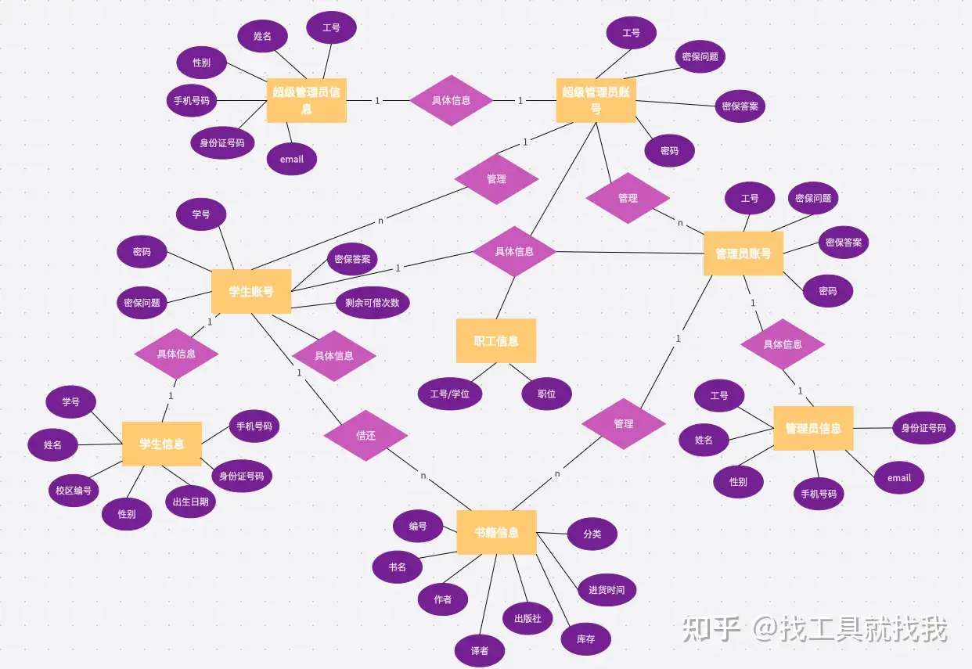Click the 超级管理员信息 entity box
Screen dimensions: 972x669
pyautogui.click(x=306, y=100)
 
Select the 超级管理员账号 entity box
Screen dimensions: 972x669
pyautogui.click(x=596, y=100)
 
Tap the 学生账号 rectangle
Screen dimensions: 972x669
pyautogui.click(x=251, y=292)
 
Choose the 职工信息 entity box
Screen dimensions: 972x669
pyautogui.click(x=496, y=341)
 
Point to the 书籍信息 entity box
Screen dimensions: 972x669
pyautogui.click(x=496, y=533)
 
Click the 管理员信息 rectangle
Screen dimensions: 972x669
pyautogui.click(x=813, y=428)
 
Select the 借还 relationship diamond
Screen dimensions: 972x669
pyautogui.click(x=365, y=435)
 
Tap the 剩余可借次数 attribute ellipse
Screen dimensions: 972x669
pyautogui.click(x=372, y=303)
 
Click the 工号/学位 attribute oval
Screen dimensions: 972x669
pyautogui.click(x=449, y=394)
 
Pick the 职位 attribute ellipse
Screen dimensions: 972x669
pyautogui.click(x=546, y=394)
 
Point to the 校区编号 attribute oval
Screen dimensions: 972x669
pyautogui.click(x=73, y=491)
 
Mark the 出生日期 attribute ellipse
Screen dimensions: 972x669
pyautogui.click(x=190, y=502)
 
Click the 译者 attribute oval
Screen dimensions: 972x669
pyautogui.click(x=480, y=651)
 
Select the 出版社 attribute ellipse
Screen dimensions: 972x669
pyautogui.click(x=527, y=618)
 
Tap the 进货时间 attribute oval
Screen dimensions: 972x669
pyautogui.click(x=607, y=590)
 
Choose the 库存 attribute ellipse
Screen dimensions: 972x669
pyautogui.click(x=585, y=639)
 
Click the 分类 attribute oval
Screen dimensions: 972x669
pyautogui.click(x=592, y=534)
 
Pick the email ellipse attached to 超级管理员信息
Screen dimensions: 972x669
pyautogui.click(x=291, y=159)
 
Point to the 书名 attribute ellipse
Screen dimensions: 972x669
pyautogui.click(x=398, y=566)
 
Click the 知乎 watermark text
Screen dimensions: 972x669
pyautogui.click(x=711, y=628)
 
